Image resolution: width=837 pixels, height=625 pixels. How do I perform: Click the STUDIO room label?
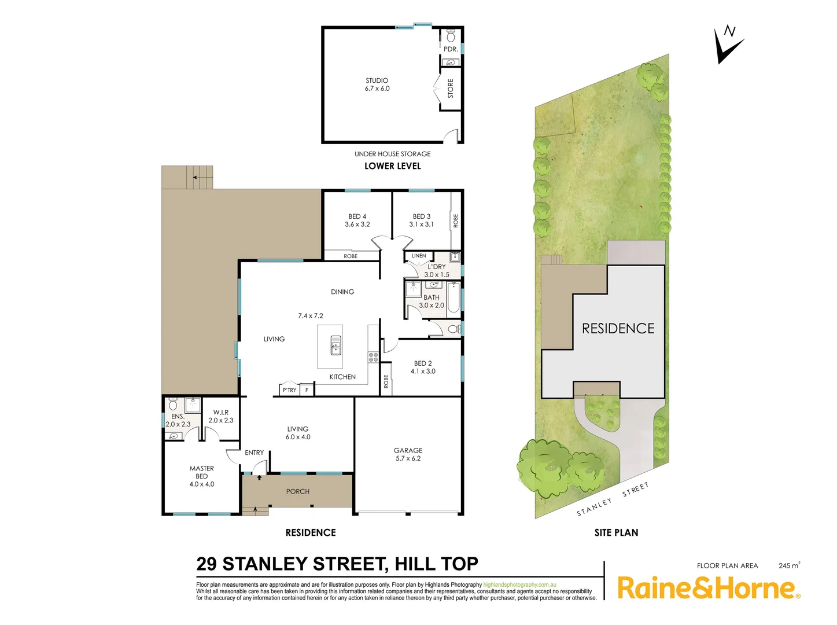377,81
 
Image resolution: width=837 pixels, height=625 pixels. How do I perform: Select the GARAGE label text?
408,450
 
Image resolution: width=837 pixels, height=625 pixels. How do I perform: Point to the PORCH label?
298,491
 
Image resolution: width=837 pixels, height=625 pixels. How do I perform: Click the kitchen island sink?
336,345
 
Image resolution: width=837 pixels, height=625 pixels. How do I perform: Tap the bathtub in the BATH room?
454,297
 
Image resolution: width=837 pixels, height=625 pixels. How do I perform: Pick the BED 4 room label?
357,216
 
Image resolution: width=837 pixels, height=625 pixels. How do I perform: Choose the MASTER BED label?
202,472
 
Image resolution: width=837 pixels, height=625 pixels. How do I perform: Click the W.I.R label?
221,413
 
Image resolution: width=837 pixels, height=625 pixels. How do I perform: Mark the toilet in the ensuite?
173,403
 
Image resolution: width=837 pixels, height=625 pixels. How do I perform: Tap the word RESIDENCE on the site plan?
618,329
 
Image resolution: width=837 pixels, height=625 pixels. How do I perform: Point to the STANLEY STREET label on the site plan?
613,499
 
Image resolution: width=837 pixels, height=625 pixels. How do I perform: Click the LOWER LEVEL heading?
393,166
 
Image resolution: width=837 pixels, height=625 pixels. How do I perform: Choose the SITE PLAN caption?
616,532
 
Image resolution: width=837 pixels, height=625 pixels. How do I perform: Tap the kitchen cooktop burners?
373,357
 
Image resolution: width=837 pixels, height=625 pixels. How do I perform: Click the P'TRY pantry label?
289,390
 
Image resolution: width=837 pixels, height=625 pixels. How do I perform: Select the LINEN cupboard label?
419,256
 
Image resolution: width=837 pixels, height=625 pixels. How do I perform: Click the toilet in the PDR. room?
451,38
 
